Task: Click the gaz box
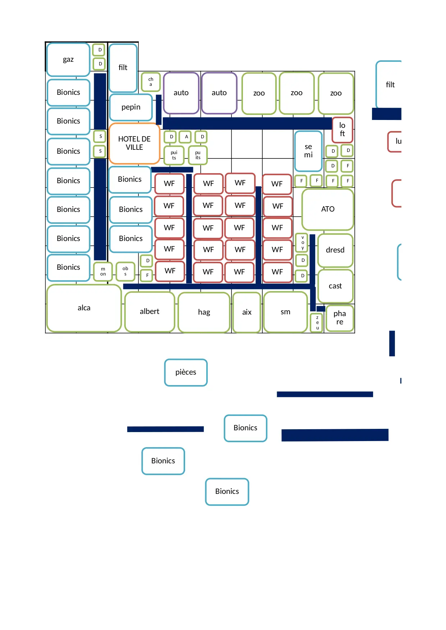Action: point(68,60)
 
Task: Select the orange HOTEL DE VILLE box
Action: point(134,143)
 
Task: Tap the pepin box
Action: point(131,107)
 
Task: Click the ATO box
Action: point(327,209)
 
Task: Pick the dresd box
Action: point(335,250)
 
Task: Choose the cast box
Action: point(335,286)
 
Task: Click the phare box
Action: point(340,318)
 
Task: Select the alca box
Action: point(84,308)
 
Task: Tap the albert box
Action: point(150,312)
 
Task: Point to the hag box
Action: point(204,312)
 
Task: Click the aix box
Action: point(247,312)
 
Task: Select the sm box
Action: point(285,312)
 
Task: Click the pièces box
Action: point(186,372)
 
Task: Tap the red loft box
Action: point(342,130)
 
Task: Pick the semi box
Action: point(308,151)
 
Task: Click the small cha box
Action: point(151,82)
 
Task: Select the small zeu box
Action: point(317,323)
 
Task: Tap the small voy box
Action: point(303,243)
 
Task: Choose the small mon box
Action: point(103,272)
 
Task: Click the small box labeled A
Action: point(186,137)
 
